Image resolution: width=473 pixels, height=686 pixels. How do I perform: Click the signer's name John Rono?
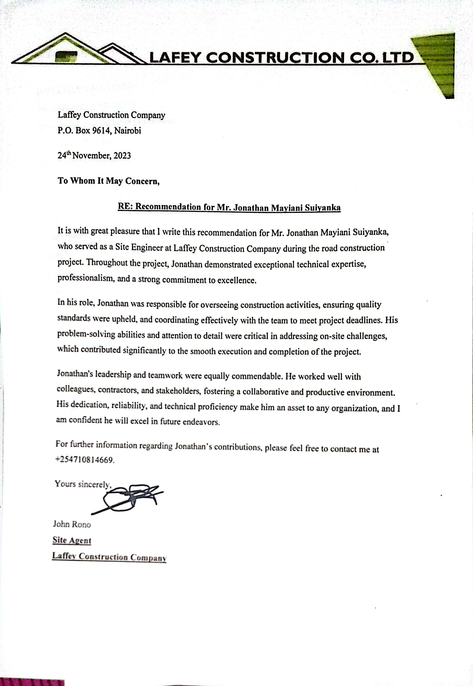click(72, 524)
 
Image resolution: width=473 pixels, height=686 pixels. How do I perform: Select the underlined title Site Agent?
click(72, 540)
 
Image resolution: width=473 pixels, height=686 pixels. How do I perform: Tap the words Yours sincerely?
click(83, 484)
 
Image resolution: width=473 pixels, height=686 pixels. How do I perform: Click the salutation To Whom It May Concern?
click(109, 181)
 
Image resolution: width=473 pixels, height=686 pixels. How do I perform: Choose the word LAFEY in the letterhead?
click(176, 58)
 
